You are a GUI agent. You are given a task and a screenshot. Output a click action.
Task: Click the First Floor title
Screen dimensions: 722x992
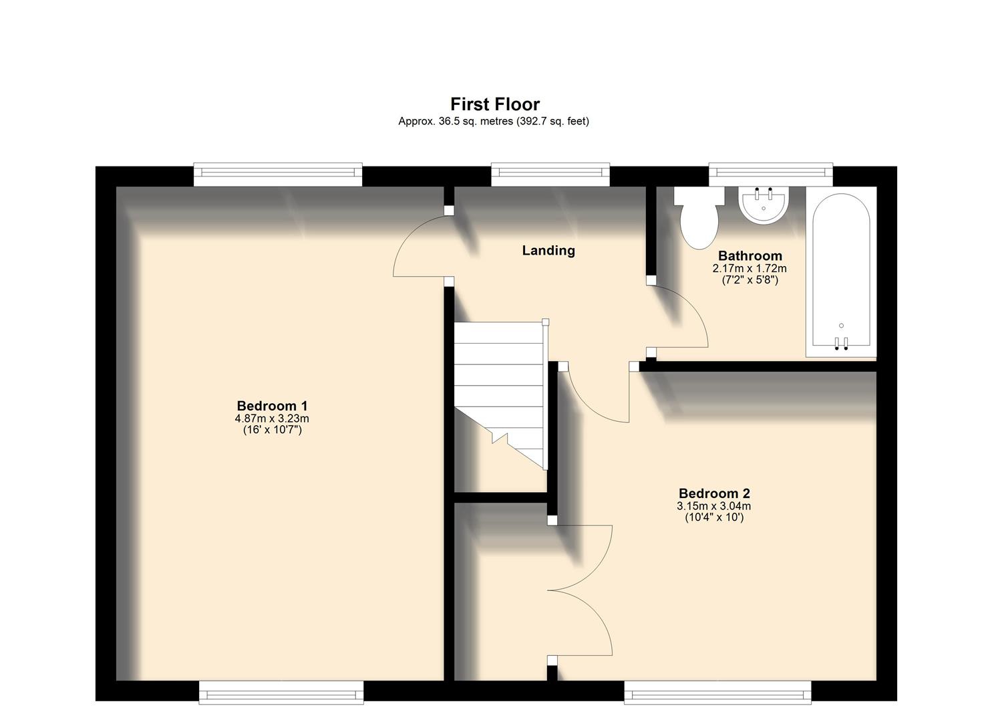pyautogui.click(x=494, y=104)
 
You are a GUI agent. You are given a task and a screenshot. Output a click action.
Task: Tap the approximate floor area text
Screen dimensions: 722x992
pyautogui.click(x=493, y=122)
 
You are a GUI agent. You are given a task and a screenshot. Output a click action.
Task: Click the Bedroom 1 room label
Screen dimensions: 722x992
pyautogui.click(x=272, y=406)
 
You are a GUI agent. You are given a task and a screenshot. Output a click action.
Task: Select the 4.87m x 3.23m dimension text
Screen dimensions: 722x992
pyautogui.click(x=272, y=418)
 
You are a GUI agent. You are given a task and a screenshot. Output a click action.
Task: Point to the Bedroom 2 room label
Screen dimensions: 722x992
pyautogui.click(x=714, y=493)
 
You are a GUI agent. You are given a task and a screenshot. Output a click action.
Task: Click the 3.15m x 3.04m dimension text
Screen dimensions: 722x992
pyautogui.click(x=714, y=506)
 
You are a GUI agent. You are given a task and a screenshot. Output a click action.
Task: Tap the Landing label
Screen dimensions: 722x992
pyautogui.click(x=548, y=251)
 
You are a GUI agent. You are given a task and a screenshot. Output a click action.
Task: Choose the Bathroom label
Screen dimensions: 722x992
pyautogui.click(x=750, y=256)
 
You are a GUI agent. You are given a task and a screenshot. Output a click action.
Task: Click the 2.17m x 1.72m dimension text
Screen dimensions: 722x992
pyautogui.click(x=750, y=269)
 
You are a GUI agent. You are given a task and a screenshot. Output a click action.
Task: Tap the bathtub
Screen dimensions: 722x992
pyautogui.click(x=840, y=267)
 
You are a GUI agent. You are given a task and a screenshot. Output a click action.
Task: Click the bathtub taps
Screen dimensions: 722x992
pyautogui.click(x=841, y=343)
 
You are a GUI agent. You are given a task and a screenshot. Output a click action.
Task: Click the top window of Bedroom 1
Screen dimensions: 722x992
pyautogui.click(x=278, y=175)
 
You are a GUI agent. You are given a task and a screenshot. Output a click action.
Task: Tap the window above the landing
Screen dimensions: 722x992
pyautogui.click(x=550, y=175)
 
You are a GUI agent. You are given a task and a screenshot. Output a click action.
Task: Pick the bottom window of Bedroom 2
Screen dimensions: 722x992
pyautogui.click(x=717, y=693)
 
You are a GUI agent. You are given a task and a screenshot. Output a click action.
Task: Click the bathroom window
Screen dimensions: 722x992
pyautogui.click(x=771, y=175)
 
